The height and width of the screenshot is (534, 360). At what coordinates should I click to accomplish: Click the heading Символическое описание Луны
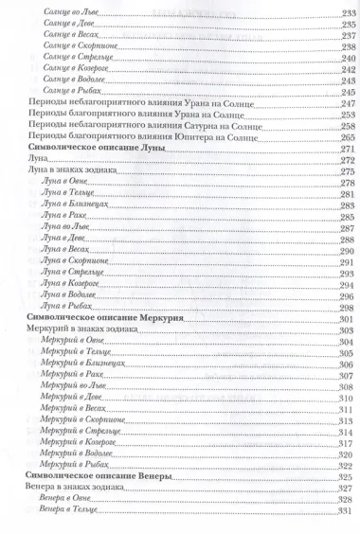point(93,151)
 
